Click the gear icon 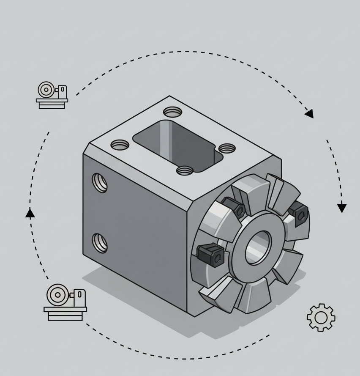click(x=321, y=317)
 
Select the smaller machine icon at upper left click(x=52, y=95)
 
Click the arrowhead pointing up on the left click(x=30, y=213)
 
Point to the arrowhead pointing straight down click(x=342, y=208)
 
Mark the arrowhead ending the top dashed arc click(x=310, y=113)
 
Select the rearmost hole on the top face click(x=172, y=112)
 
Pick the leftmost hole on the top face click(x=120, y=145)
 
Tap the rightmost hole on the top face click(x=227, y=148)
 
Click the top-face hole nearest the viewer click(x=185, y=170)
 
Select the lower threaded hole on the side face click(x=100, y=243)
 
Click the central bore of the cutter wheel click(x=258, y=247)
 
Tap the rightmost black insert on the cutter click(x=298, y=212)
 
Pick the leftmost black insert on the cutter click(x=210, y=254)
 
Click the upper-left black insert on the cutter click(x=234, y=207)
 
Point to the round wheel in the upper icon click(x=46, y=90)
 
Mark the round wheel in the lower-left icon click(x=56, y=294)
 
